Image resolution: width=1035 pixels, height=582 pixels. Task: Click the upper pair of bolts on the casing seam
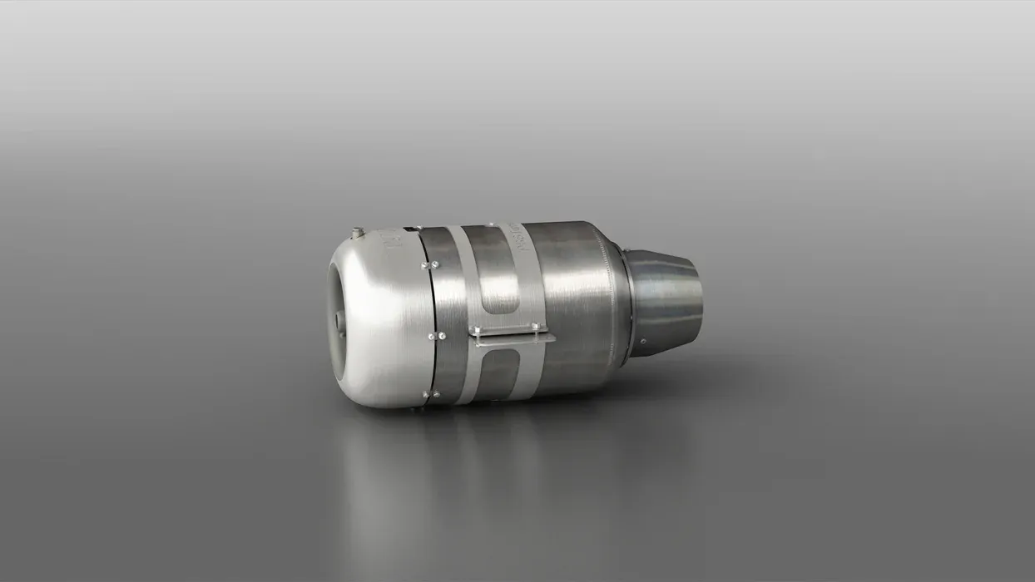point(430,265)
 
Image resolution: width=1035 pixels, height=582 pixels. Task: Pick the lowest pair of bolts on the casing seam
point(430,394)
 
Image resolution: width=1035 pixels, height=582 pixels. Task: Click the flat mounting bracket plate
point(513,334)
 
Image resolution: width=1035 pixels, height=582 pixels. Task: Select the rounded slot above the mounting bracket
point(498,283)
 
